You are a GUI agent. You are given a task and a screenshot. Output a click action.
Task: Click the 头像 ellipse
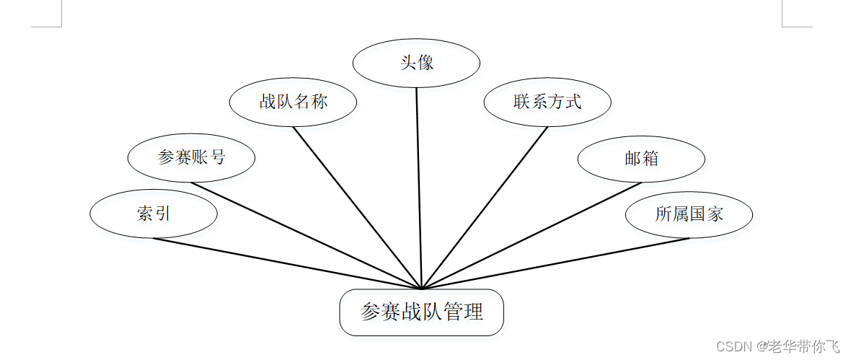[416, 63]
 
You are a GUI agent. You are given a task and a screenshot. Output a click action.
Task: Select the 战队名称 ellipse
[293, 102]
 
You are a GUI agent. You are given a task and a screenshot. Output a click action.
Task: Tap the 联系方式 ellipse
[547, 102]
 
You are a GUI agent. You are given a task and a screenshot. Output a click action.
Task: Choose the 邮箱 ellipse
[641, 159]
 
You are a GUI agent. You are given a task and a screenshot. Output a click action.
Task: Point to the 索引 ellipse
[153, 214]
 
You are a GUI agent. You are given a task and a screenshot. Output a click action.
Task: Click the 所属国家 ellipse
[689, 214]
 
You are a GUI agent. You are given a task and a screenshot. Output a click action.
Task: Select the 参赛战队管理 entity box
[421, 312]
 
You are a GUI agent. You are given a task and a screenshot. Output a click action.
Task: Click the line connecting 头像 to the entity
[418, 188]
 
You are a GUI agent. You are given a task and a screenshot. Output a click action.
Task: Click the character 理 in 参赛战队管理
[473, 312]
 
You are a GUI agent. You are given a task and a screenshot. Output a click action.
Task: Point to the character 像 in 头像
[425, 63]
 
